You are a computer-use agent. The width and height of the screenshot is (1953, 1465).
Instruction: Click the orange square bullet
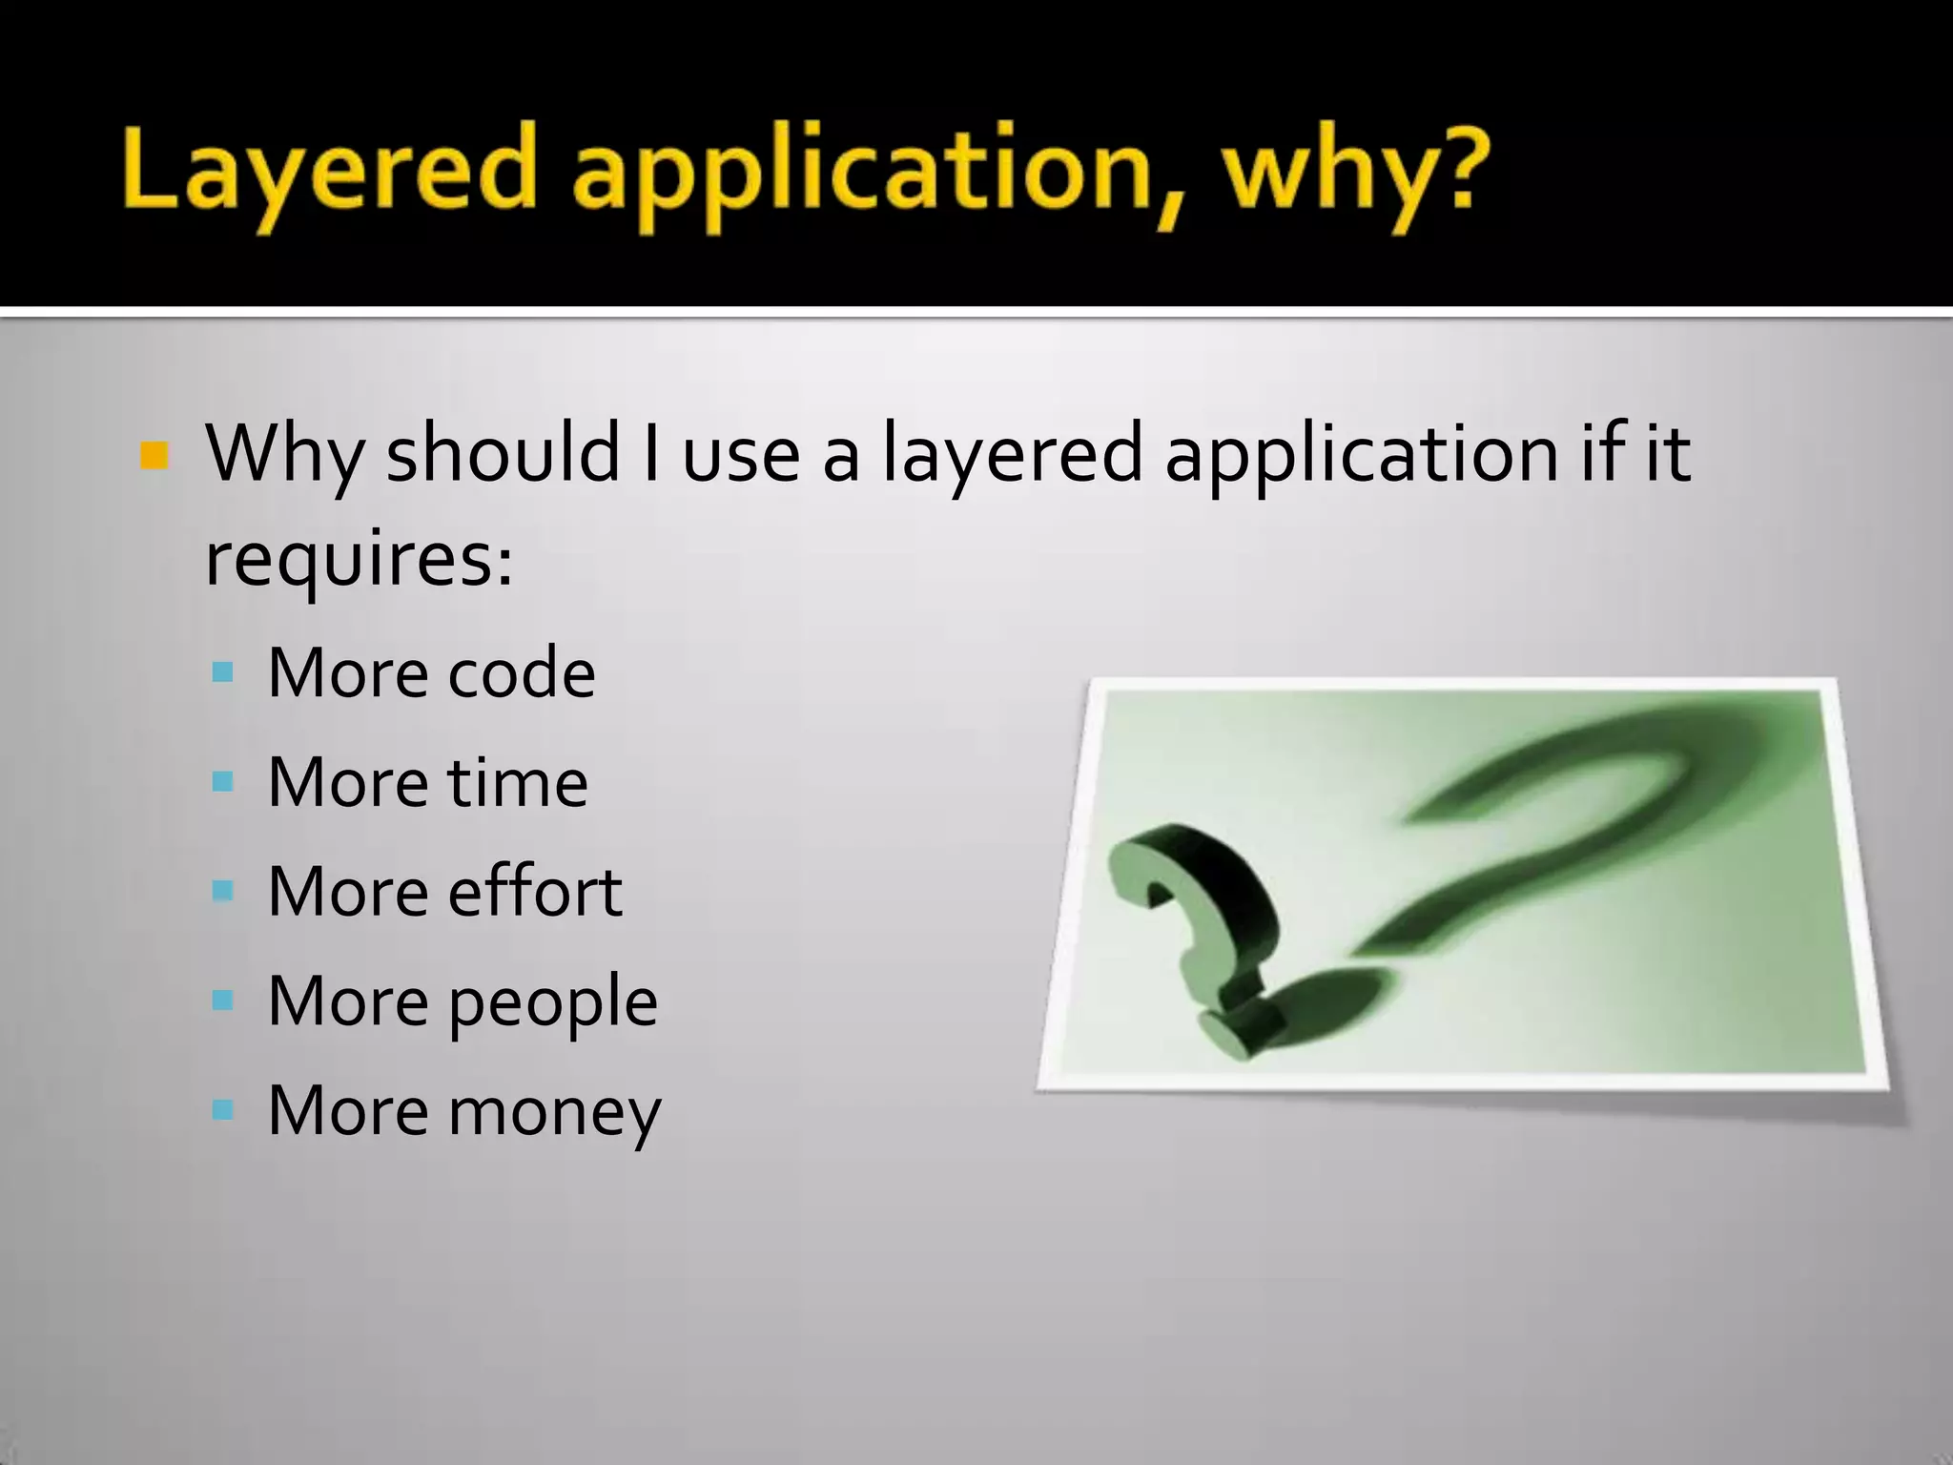coord(154,456)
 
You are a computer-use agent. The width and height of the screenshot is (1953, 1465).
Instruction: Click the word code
coord(522,673)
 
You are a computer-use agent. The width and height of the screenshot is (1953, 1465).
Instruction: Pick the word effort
coord(535,892)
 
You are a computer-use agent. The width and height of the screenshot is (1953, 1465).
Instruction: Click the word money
coord(554,1112)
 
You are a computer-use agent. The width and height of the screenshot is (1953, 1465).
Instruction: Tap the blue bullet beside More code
coord(223,673)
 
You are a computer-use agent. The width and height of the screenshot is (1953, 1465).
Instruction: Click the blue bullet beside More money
coord(223,1110)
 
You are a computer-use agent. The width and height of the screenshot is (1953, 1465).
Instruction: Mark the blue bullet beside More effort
coord(223,892)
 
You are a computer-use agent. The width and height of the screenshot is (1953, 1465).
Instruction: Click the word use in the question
coord(741,454)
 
